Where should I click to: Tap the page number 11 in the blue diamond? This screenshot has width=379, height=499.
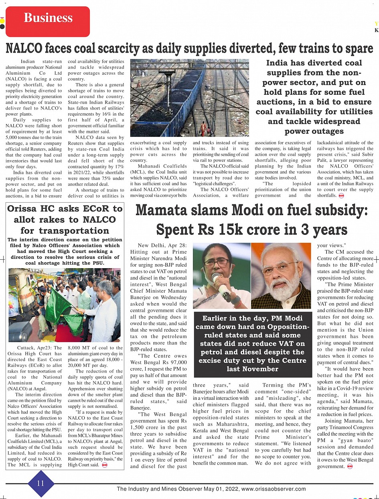tap(41, 483)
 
